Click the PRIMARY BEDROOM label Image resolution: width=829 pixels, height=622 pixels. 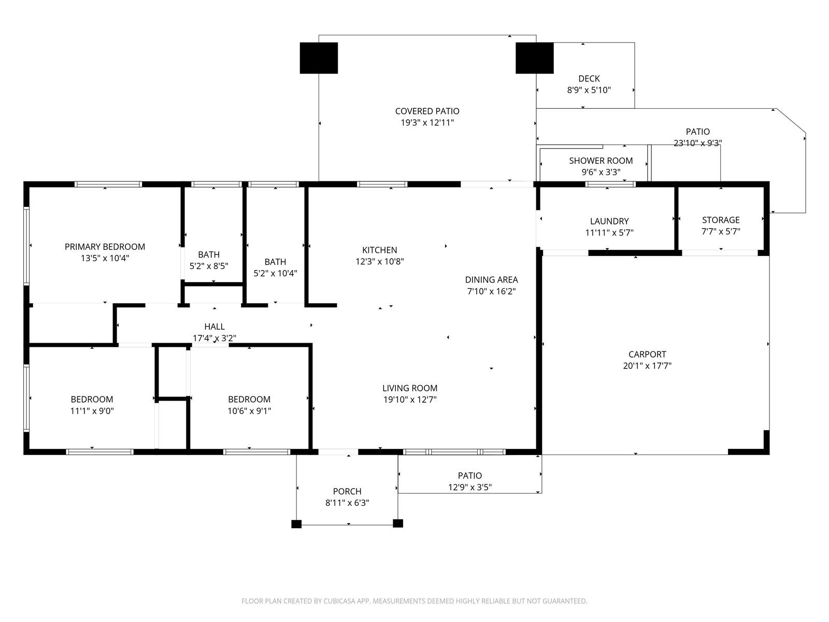click(105, 247)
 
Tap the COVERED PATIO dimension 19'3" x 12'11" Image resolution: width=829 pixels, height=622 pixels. click(427, 122)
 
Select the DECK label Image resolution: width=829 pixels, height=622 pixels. click(589, 79)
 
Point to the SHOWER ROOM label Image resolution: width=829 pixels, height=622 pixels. click(601, 161)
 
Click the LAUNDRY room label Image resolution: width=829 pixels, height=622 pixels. click(609, 221)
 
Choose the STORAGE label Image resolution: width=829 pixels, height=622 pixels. click(721, 220)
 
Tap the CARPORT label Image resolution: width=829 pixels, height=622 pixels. click(647, 354)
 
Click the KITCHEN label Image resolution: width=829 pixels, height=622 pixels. click(380, 250)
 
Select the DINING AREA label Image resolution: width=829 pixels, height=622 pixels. click(491, 280)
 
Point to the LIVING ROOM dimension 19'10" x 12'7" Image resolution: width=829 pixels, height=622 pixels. click(410, 400)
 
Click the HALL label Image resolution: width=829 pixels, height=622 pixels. click(215, 327)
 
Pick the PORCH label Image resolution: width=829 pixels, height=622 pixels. click(347, 491)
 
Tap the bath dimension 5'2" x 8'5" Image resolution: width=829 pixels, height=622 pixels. click(209, 266)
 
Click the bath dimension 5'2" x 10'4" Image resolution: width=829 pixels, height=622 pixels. click(275, 273)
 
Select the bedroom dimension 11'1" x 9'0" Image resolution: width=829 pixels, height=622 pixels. click(92, 411)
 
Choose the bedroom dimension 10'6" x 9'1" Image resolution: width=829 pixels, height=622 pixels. click(249, 411)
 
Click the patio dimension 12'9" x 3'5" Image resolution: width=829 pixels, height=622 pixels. click(470, 487)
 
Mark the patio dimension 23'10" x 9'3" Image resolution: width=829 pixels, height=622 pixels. click(697, 143)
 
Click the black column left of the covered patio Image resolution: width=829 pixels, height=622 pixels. click(319, 58)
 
